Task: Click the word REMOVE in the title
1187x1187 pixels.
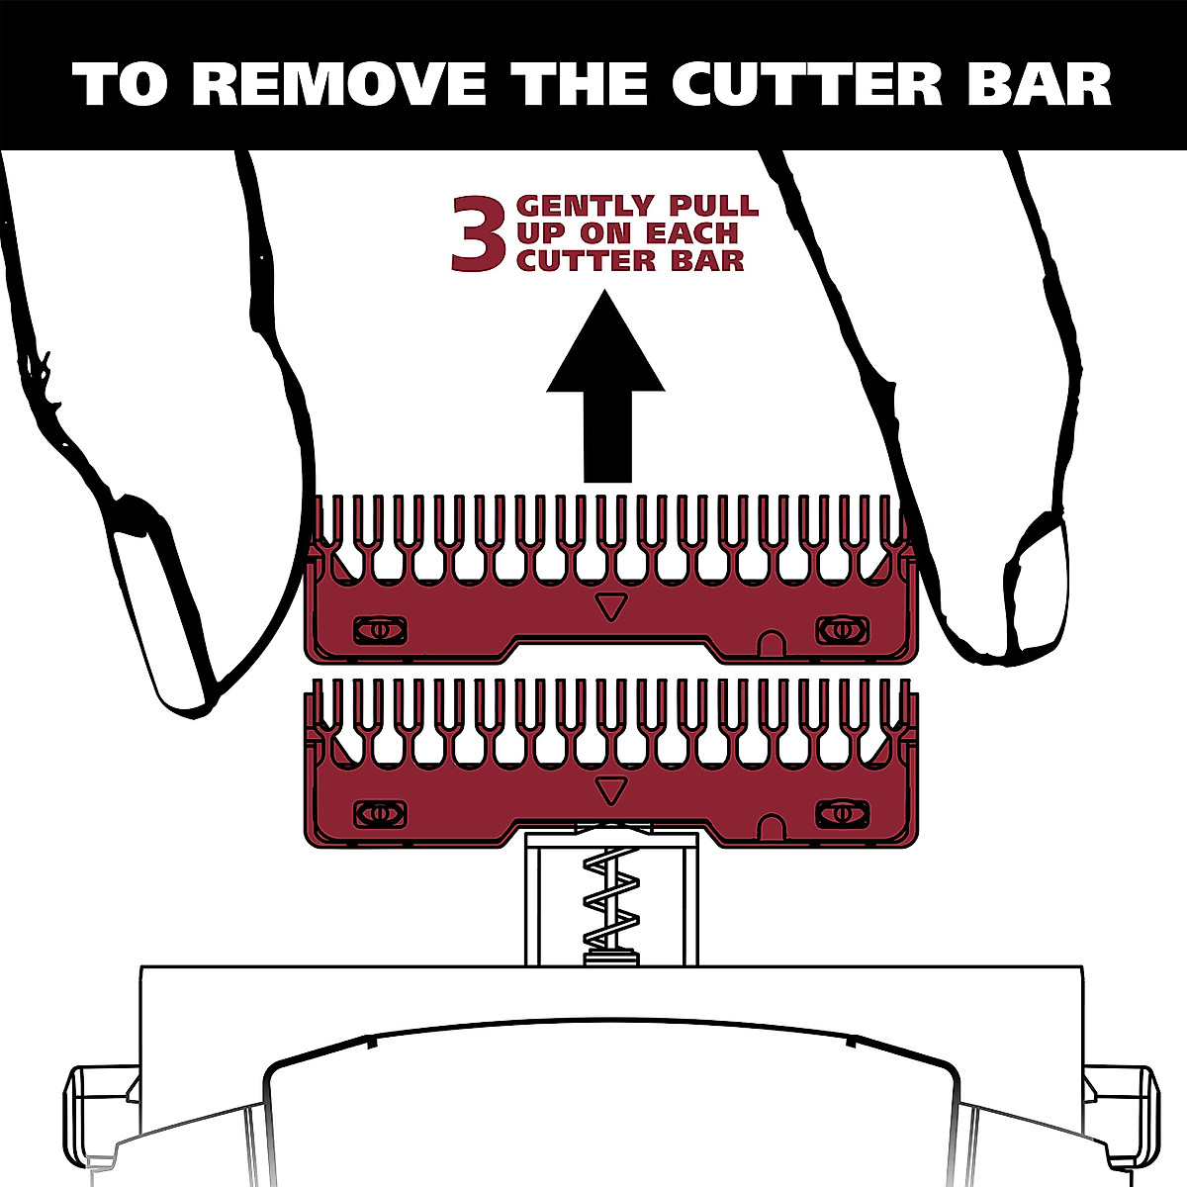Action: [x=337, y=84]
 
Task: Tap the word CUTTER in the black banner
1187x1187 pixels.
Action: [x=806, y=84]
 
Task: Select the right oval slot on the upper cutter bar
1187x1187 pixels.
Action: [x=841, y=629]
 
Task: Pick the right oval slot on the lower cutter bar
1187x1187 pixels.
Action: [x=841, y=813]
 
